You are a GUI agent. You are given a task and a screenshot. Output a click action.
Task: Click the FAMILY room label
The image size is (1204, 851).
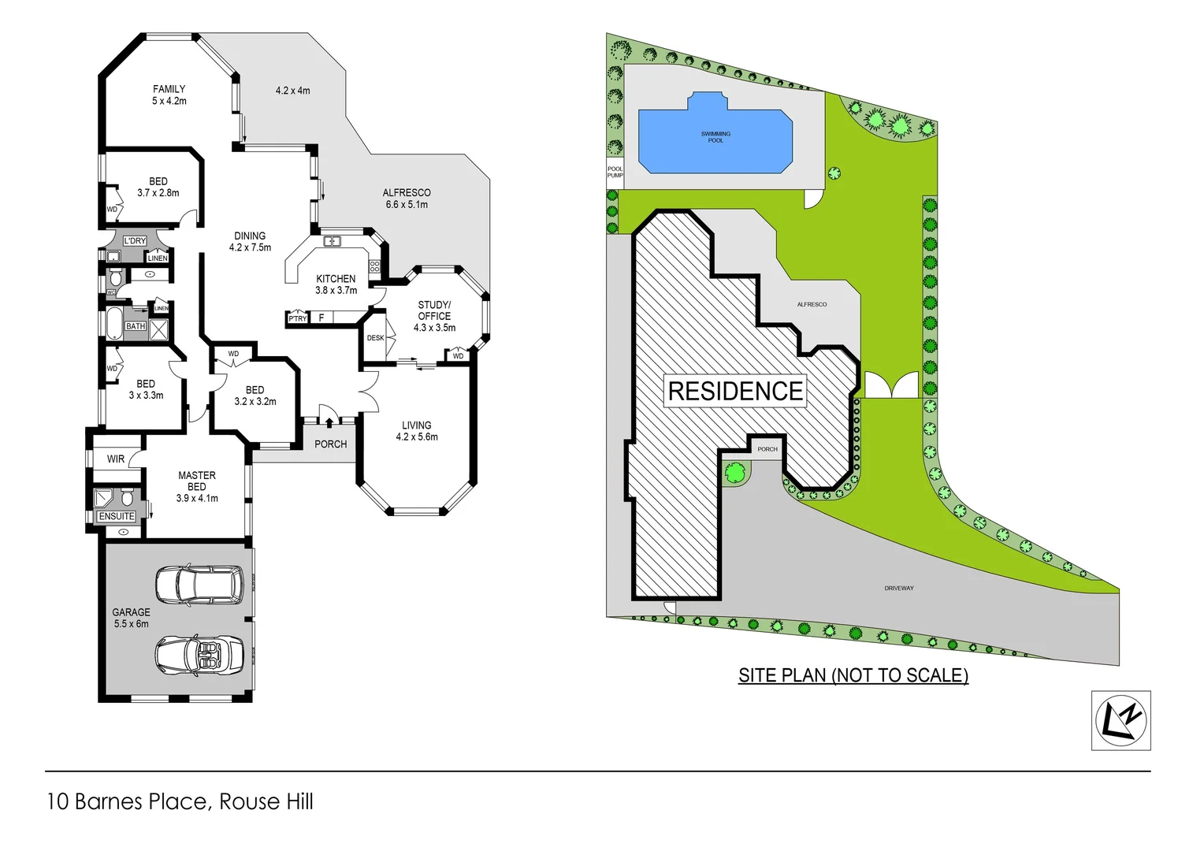[169, 90]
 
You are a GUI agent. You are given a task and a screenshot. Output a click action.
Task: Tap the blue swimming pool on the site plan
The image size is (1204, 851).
[715, 138]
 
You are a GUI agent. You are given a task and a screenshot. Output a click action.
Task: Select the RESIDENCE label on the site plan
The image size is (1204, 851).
[735, 391]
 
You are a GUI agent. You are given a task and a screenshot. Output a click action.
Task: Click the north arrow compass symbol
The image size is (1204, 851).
[1120, 720]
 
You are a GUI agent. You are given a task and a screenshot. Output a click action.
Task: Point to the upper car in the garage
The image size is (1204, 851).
[199, 585]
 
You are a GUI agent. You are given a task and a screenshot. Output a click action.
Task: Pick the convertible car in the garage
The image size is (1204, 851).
[198, 652]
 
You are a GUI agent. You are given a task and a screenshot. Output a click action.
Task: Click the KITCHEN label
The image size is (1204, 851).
[336, 279]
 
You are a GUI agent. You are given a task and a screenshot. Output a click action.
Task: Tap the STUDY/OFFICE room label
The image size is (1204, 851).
[434, 310]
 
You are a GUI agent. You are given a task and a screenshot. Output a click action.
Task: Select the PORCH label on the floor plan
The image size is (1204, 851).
[330, 444]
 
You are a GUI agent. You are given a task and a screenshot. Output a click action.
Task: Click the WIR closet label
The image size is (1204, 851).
[116, 459]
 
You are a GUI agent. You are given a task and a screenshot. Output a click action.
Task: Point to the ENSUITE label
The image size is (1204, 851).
[117, 516]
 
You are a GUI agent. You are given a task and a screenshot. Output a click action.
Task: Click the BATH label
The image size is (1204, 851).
[136, 326]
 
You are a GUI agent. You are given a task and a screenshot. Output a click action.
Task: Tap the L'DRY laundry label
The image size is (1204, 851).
[135, 241]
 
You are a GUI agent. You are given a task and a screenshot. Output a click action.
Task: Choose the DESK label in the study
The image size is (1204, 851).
[375, 338]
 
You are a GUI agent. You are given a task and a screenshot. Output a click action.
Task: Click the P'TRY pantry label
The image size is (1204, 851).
[297, 318]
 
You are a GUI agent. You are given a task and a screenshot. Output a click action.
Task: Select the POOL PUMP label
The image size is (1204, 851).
[615, 172]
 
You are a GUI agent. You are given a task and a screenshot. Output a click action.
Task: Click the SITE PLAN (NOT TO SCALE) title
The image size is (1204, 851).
[853, 675]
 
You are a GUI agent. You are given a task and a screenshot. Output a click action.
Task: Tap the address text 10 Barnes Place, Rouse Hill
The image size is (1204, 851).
[180, 801]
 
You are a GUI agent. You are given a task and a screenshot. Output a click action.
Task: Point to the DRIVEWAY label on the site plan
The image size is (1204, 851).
[898, 589]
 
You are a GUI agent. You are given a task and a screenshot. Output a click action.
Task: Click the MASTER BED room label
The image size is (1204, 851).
[197, 481]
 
